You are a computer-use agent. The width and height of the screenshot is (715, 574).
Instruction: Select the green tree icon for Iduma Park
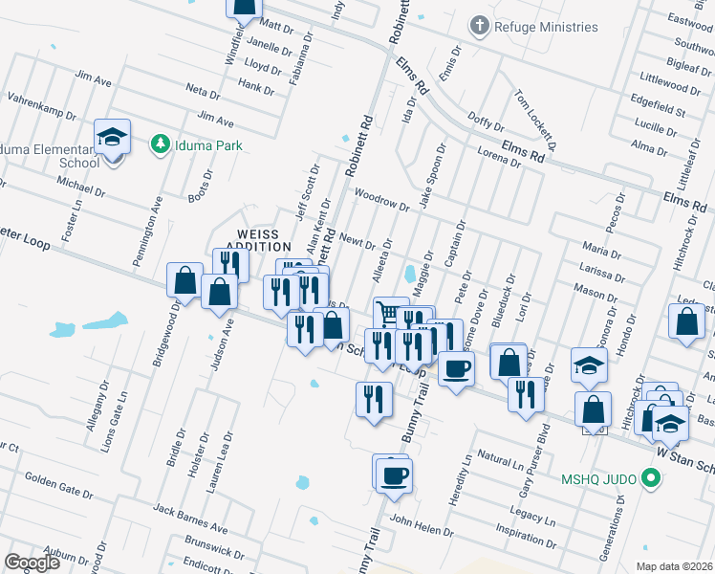click(x=161, y=145)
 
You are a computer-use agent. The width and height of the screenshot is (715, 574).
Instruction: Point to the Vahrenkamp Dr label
click(x=41, y=105)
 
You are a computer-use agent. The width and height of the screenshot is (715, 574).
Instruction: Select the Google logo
click(x=32, y=563)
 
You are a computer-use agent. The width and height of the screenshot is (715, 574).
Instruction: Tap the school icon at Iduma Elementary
click(x=113, y=138)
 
